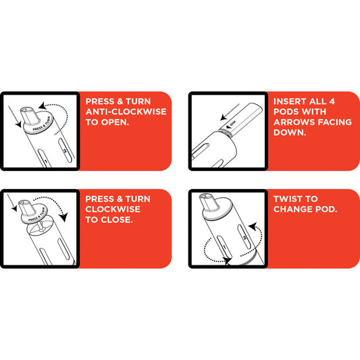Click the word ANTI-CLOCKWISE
(126, 112)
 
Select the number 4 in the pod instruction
(332, 101)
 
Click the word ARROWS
(294, 122)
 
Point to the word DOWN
(290, 132)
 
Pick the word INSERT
(290, 101)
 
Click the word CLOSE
(117, 220)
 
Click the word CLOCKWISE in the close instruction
(113, 209)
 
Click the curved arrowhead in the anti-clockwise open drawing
(42, 106)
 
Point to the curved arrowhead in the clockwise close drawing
(63, 217)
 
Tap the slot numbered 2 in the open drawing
(66, 151)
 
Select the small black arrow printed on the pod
(228, 126)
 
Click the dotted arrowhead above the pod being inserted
(224, 118)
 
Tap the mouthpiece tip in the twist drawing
(205, 197)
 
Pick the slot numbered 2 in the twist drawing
(245, 236)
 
